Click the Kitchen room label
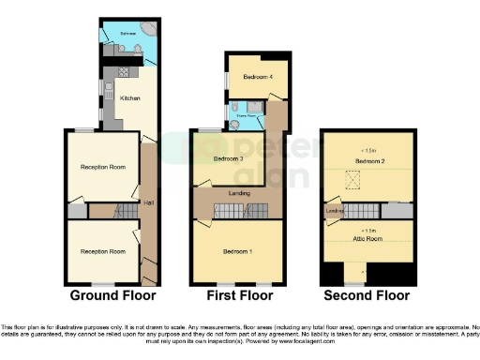(x=130, y=96)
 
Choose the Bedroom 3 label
(x=228, y=159)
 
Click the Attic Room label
(x=366, y=239)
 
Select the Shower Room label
(x=250, y=119)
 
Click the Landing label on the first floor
(x=239, y=193)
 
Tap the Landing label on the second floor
(x=335, y=210)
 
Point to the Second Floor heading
(x=367, y=295)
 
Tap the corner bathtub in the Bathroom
(x=148, y=29)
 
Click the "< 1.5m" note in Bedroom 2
(x=368, y=150)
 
